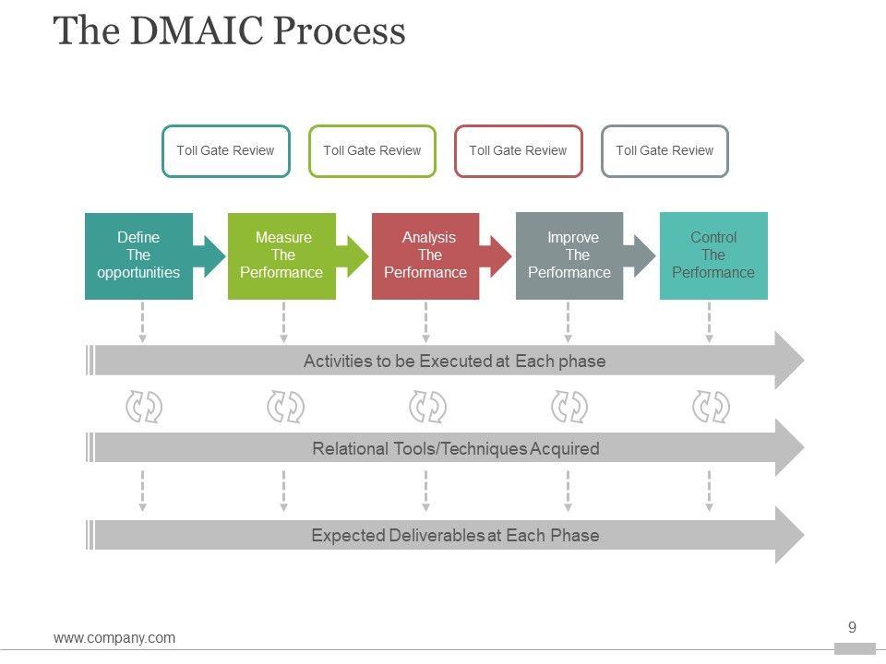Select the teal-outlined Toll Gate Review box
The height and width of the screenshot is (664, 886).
pos(226,150)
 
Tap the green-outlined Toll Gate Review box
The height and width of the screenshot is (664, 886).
pos(372,150)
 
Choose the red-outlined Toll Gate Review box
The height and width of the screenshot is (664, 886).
pos(519,150)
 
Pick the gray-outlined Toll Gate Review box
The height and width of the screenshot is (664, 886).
pos(664,150)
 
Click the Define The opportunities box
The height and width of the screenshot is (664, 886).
pos(138,255)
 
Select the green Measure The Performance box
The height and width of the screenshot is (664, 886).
pos(281,255)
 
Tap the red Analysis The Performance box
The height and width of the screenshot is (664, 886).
pos(425,255)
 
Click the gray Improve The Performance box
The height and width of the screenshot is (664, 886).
pos(569,255)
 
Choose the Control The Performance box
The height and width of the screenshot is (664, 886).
pos(713,255)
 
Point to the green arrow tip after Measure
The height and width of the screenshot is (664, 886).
pos(357,255)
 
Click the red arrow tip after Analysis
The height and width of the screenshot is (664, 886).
pos(501,255)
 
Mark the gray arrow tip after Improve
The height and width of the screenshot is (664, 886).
pos(644,255)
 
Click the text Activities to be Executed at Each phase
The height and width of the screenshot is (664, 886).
pos(454,361)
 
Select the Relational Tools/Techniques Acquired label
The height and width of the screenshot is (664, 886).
pos(455,449)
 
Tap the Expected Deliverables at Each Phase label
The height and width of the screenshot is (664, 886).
pos(455,536)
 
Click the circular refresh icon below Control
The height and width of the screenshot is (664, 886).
pos(711,407)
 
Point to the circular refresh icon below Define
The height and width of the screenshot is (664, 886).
pos(143,407)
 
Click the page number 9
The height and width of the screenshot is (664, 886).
pos(852,628)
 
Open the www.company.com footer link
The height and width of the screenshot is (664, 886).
pos(114,637)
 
